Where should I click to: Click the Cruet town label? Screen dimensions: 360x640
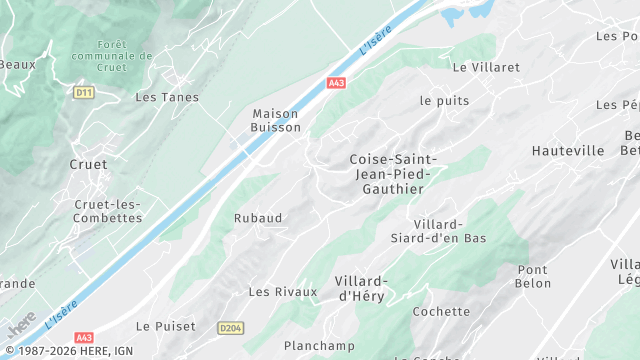(88, 164)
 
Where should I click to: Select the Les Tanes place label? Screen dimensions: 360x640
(167, 98)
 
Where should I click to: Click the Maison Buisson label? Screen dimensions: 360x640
(276, 121)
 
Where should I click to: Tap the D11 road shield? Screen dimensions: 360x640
(84, 92)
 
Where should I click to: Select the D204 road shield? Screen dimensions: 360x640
(231, 327)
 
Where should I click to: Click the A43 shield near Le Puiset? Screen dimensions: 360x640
(84, 338)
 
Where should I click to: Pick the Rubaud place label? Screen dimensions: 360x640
(258, 218)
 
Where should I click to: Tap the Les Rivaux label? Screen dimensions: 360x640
(282, 292)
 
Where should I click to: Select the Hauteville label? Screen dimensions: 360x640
(568, 151)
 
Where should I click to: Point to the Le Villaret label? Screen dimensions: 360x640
(486, 68)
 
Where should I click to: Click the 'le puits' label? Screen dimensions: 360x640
(444, 101)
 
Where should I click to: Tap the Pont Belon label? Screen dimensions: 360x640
(534, 277)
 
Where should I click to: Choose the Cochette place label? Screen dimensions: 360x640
(441, 312)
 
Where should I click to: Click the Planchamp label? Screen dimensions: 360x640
(319, 346)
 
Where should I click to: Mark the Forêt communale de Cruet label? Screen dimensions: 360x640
(126, 57)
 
